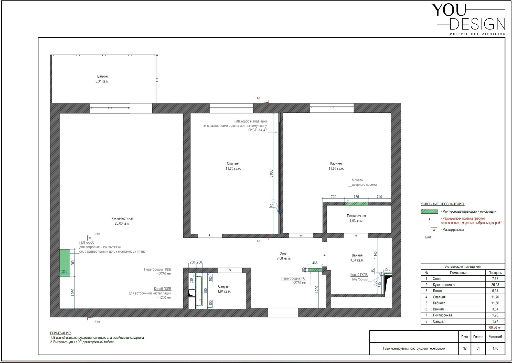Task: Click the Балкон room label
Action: point(102,76)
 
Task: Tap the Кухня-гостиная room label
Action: point(123,219)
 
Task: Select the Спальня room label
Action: point(233,163)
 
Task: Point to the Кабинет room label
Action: point(336,163)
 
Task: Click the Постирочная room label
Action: point(356,216)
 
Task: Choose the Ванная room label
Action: point(357,255)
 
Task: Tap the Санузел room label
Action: point(224,287)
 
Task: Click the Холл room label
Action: point(284,254)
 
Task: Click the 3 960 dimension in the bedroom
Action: point(271,174)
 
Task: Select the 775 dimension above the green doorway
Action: point(356,197)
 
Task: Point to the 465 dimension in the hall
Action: point(315,263)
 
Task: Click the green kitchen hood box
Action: point(65,263)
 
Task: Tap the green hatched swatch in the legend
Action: point(429,212)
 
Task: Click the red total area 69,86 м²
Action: point(495,327)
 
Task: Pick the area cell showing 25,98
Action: point(495,285)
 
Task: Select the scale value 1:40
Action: point(495,348)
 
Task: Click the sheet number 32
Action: point(465,348)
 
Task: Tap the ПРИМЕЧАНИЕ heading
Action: point(60,333)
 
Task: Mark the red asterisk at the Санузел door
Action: point(230,270)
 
